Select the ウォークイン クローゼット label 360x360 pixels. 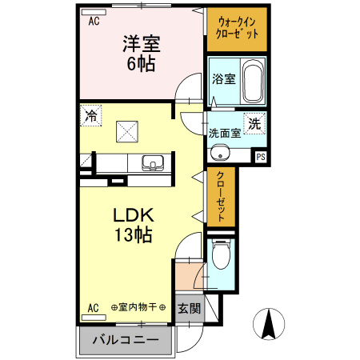pyautogui.click(x=237, y=30)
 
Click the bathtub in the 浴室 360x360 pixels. pyautogui.click(x=251, y=79)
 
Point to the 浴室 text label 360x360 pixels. pyautogui.click(x=223, y=79)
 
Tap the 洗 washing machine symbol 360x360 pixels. pyautogui.click(x=254, y=125)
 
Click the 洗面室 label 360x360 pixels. pyautogui.click(x=224, y=134)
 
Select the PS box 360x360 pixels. pyautogui.click(x=260, y=157)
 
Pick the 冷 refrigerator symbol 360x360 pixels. pyautogui.click(x=90, y=116)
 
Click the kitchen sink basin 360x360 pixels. pyautogui.click(x=152, y=163)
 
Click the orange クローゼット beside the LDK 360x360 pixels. pyautogui.click(x=222, y=198)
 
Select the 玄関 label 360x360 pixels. pyautogui.click(x=189, y=307)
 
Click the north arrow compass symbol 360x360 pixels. pyautogui.click(x=270, y=324)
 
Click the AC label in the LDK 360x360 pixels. pyautogui.click(x=93, y=307)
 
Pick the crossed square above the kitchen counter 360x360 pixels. pyautogui.click(x=126, y=129)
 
